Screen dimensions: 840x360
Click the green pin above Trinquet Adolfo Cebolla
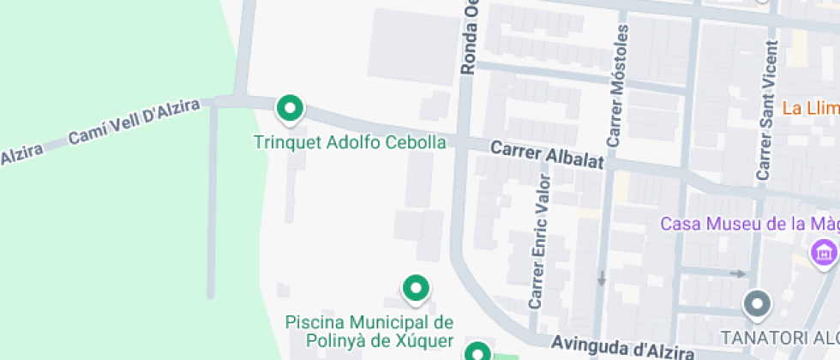click(x=290, y=109)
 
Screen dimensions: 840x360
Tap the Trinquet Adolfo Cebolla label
click(x=350, y=142)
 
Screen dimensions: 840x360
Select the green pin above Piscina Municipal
click(x=416, y=289)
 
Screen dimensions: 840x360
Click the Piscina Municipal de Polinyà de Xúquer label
click(x=369, y=332)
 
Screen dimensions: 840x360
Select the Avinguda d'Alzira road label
click(x=621, y=349)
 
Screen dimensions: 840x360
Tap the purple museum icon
click(x=825, y=252)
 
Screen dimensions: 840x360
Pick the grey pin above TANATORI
click(x=757, y=303)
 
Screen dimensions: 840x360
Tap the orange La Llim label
click(x=810, y=109)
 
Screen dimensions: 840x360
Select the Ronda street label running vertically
click(x=470, y=39)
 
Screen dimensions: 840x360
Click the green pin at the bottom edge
click(x=477, y=352)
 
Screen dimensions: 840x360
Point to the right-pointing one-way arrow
click(x=736, y=274)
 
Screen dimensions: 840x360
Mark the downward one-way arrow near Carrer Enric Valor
click(x=602, y=278)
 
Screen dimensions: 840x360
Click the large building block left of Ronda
click(x=411, y=47)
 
